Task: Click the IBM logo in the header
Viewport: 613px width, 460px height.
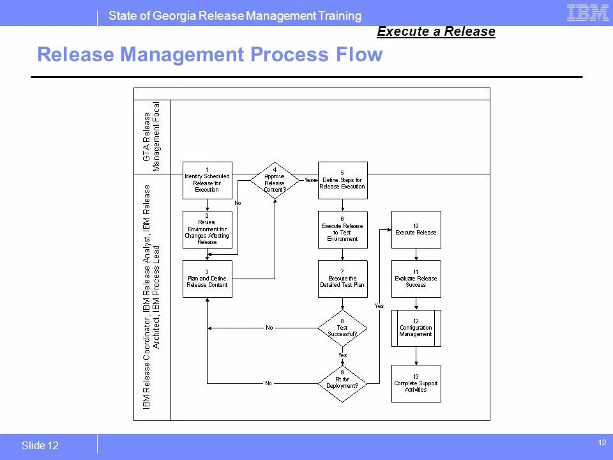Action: [587, 13]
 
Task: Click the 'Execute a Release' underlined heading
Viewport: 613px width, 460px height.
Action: [436, 31]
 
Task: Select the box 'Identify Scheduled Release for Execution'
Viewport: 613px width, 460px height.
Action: [207, 180]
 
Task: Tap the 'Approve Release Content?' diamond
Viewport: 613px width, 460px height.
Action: [275, 180]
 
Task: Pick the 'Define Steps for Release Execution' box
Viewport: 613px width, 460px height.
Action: [343, 180]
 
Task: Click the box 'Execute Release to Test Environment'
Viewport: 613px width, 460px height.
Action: [343, 229]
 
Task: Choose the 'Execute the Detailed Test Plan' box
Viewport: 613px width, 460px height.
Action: [343, 279]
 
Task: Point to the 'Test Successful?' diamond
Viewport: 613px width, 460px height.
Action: [343, 328]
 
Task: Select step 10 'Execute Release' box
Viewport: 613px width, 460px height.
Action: [416, 229]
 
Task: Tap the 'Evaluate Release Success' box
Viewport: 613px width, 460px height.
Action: [416, 279]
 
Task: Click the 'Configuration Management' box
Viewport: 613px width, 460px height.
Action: [416, 328]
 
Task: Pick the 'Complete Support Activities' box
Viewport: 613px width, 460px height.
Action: [416, 383]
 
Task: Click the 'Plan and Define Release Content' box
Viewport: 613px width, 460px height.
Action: [207, 279]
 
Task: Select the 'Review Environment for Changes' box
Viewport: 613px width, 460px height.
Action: [207, 229]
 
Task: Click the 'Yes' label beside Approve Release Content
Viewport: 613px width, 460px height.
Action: [308, 180]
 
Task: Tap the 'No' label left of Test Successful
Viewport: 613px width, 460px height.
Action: [269, 328]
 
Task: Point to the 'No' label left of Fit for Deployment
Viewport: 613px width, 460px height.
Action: [268, 383]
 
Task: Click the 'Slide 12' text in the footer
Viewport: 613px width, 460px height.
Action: [40, 446]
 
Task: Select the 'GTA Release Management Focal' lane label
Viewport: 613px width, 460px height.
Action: [152, 137]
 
